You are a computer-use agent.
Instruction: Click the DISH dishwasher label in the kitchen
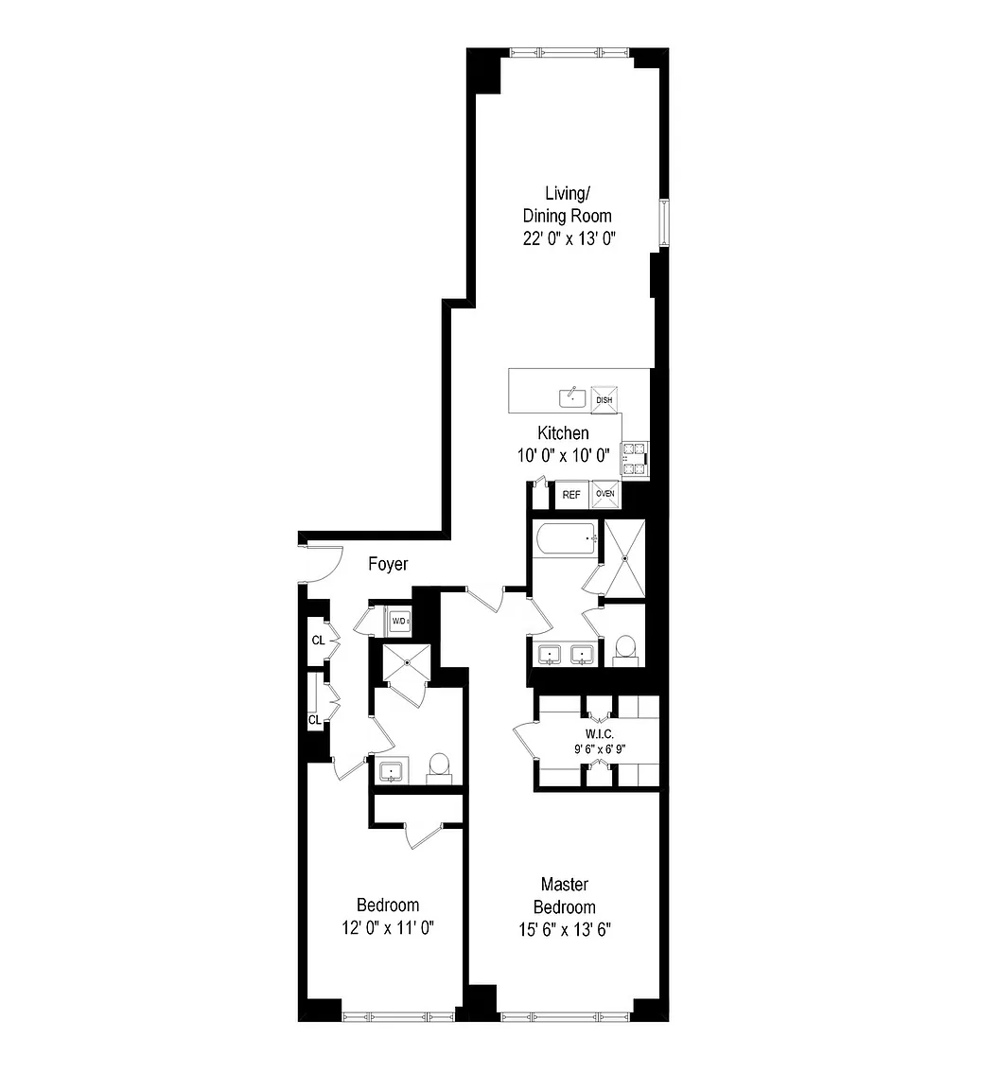[x=604, y=399]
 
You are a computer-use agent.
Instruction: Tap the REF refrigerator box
[x=571, y=494]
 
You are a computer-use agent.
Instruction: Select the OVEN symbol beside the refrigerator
[x=604, y=494]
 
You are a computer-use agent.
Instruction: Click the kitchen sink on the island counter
[x=572, y=397]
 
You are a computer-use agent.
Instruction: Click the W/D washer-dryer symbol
[x=400, y=621]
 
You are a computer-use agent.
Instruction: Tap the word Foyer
[x=388, y=564]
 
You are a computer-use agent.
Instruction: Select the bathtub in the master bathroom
[x=567, y=538]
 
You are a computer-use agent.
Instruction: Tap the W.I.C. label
[x=600, y=733]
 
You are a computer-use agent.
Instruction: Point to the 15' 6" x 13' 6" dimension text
[x=565, y=929]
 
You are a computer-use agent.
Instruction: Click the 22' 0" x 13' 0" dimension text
[x=569, y=238]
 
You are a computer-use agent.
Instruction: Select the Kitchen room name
[x=563, y=432]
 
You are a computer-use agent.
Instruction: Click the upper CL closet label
[x=319, y=641]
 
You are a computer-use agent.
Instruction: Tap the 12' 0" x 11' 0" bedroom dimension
[x=388, y=927]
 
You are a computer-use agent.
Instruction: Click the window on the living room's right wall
[x=664, y=222]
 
